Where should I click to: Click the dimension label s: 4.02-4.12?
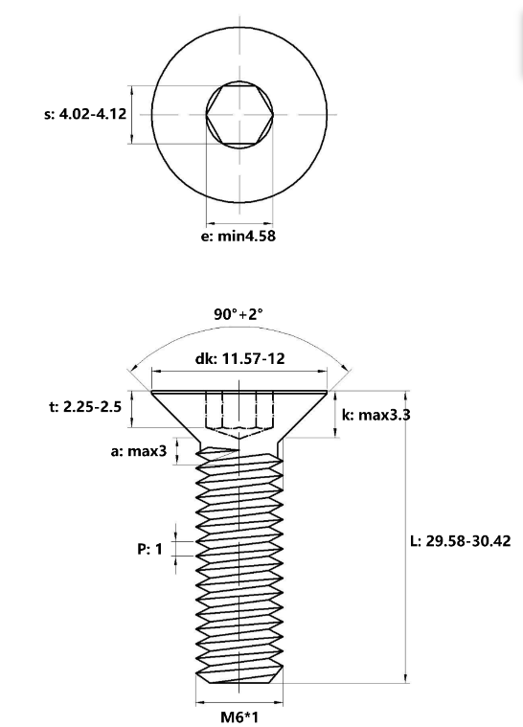(x=85, y=113)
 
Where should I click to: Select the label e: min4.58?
(x=238, y=236)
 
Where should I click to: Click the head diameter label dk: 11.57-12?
(x=239, y=358)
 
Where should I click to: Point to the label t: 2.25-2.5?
(x=85, y=406)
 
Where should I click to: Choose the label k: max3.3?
(x=376, y=415)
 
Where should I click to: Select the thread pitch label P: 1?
(x=149, y=550)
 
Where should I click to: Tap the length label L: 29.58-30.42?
(x=460, y=540)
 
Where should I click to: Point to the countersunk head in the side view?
(x=240, y=412)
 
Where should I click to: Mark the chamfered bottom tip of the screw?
(x=240, y=676)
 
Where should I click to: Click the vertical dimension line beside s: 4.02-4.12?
(x=131, y=113)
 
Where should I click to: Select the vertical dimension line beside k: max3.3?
(x=336, y=415)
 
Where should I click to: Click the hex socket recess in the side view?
(x=240, y=412)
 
